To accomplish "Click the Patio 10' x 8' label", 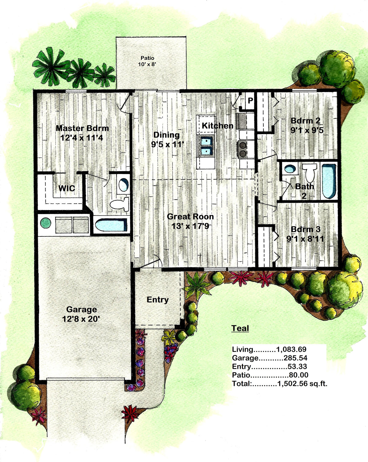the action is pyautogui.click(x=148, y=61).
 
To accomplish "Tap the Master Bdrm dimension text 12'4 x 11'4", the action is pyautogui.click(x=82, y=138).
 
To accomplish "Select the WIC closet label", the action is pyautogui.click(x=67, y=188).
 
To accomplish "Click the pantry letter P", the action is pyautogui.click(x=250, y=100).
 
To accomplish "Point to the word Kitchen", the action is pyautogui.click(x=218, y=125).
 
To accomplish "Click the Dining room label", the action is pyautogui.click(x=167, y=135).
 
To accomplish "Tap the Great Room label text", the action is pyautogui.click(x=190, y=216).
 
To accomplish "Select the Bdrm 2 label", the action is pyautogui.click(x=305, y=121).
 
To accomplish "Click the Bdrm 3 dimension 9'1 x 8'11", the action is pyautogui.click(x=305, y=239).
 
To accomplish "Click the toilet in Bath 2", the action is pyautogui.click(x=310, y=173).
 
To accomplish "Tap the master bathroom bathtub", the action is pyautogui.click(x=111, y=225).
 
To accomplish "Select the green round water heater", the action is pyautogui.click(x=46, y=223).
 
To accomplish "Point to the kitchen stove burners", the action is pyautogui.click(x=243, y=149).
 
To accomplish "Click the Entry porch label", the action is pyautogui.click(x=158, y=299).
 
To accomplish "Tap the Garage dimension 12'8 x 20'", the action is pyautogui.click(x=81, y=319).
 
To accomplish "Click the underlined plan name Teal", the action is pyautogui.click(x=240, y=328).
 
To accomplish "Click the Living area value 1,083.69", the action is pyautogui.click(x=291, y=349).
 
